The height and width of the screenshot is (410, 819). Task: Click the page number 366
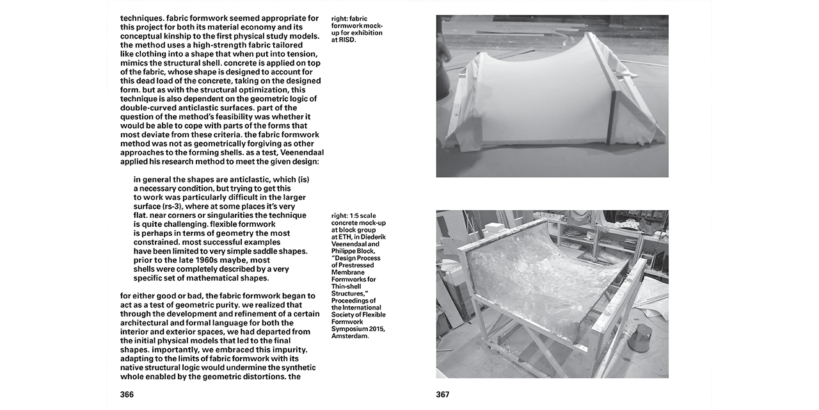tap(127, 395)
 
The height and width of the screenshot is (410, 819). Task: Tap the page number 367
tap(443, 395)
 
